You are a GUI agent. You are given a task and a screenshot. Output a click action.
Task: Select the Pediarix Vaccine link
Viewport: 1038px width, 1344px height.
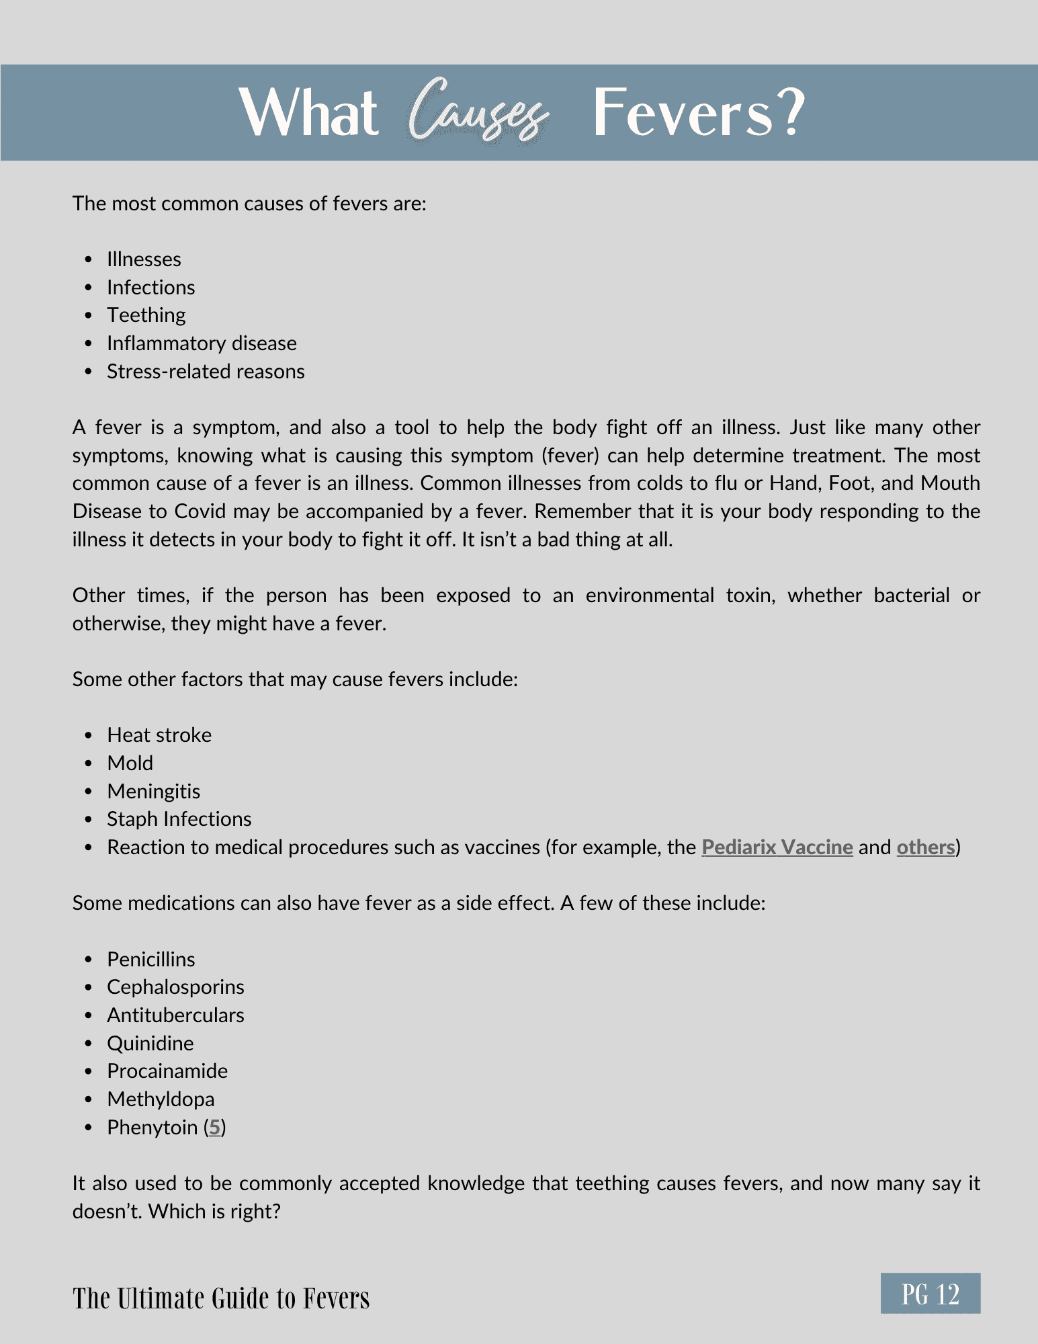777,847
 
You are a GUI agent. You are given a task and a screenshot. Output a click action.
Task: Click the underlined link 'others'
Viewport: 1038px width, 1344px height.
925,847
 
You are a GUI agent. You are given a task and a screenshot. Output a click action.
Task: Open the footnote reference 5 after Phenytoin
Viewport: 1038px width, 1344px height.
214,1128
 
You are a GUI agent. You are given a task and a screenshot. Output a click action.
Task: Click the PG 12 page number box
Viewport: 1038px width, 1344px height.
930,1294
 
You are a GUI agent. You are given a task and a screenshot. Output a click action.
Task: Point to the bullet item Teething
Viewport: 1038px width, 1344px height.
146,315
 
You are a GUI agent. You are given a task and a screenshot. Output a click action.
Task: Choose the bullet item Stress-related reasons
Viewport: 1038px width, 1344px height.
206,372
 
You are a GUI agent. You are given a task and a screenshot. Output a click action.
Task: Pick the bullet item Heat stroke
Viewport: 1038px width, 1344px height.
159,735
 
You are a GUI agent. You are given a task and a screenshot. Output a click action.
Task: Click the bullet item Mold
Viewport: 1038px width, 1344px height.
130,763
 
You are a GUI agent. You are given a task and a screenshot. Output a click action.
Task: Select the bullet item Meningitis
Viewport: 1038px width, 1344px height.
153,792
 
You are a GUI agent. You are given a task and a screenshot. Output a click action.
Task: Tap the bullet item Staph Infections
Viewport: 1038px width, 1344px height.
179,819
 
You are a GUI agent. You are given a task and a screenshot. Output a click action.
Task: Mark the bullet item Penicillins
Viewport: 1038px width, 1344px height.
151,960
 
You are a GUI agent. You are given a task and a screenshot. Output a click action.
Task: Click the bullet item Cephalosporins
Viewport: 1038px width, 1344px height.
175,987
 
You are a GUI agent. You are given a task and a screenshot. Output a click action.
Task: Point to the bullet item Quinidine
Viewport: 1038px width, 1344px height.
150,1044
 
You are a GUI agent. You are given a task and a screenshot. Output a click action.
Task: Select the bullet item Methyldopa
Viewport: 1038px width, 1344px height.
161,1099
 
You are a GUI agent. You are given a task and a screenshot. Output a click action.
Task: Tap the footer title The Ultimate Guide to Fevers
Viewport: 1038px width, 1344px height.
221,1298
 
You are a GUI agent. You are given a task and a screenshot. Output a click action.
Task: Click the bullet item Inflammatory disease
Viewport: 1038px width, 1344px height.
202,343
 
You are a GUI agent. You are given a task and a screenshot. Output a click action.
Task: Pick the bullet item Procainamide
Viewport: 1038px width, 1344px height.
167,1071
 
